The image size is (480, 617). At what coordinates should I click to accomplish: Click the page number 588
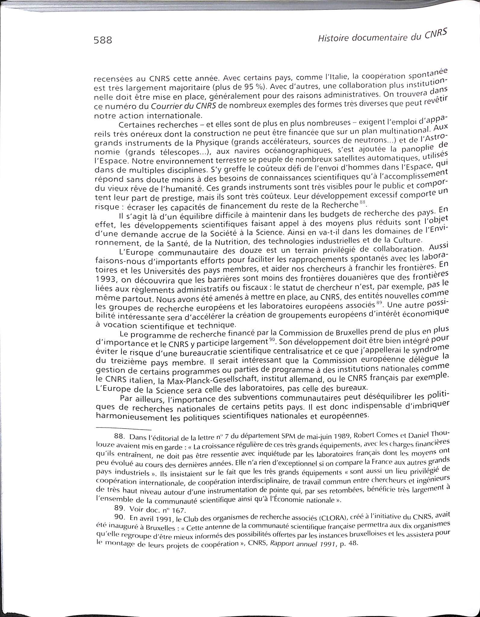(103, 40)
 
